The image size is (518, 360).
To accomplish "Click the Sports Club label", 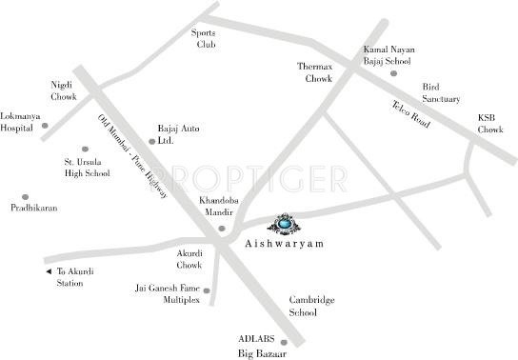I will [x=206, y=37].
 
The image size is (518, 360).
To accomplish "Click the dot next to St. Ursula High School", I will [x=85, y=150].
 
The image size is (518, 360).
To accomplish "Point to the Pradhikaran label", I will [x=35, y=208].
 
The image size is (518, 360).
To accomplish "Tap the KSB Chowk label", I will [x=490, y=124].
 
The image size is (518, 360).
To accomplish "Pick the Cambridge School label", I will [x=312, y=306].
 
